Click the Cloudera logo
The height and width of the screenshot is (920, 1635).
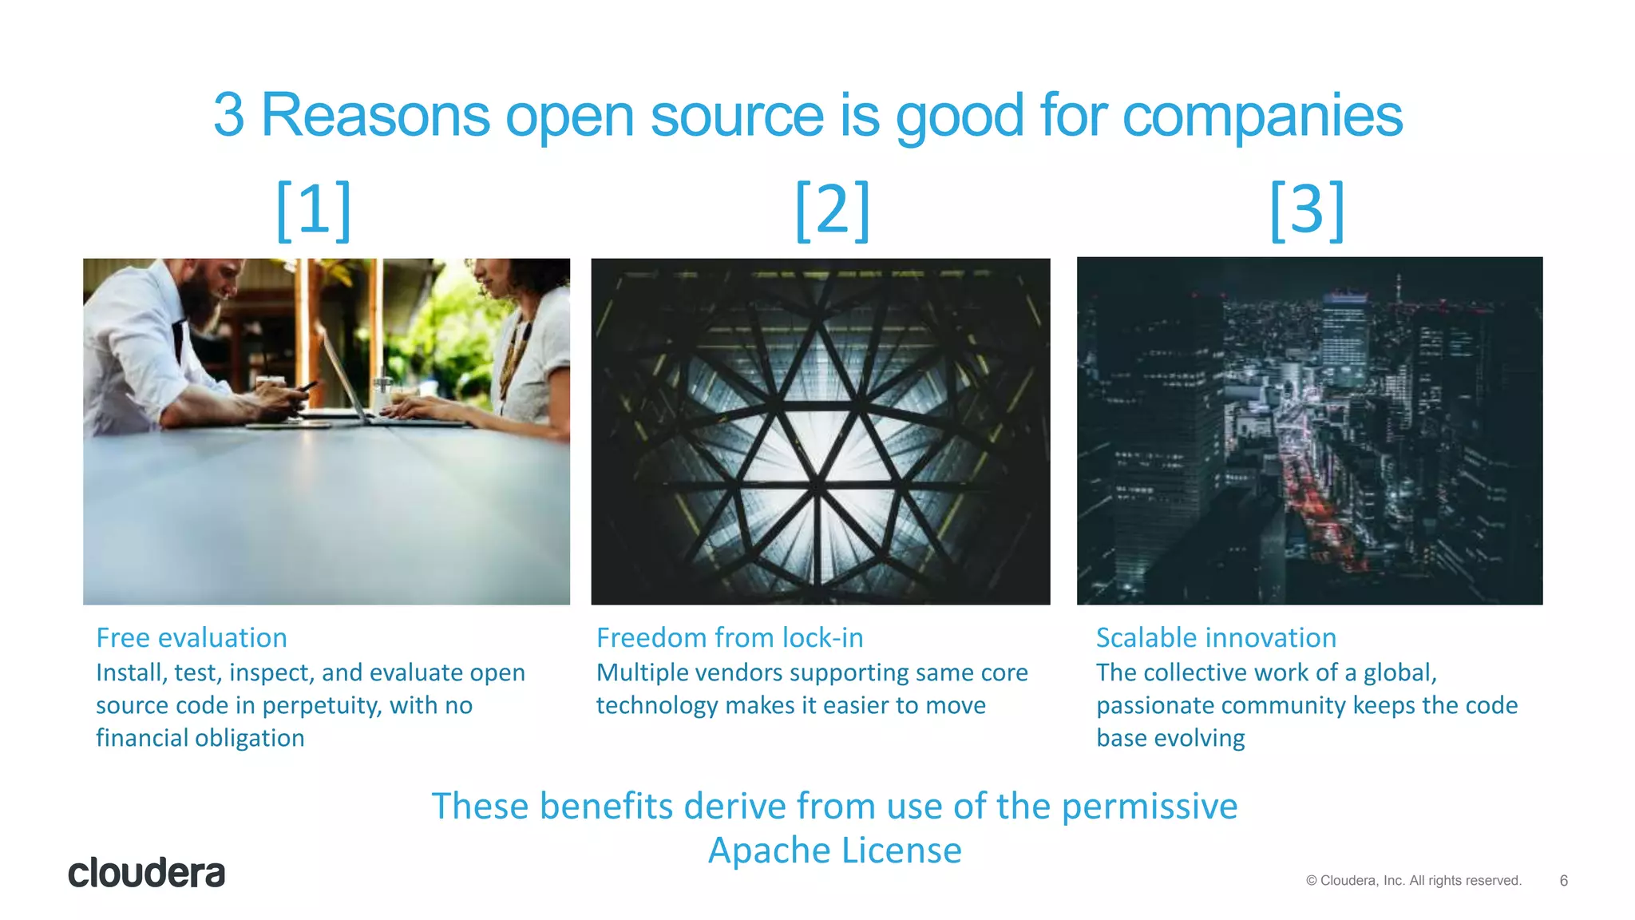click(x=146, y=873)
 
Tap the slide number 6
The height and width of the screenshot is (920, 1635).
click(x=1563, y=881)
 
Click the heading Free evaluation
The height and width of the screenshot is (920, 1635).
click(x=192, y=638)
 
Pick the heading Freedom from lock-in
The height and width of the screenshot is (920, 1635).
click(x=730, y=638)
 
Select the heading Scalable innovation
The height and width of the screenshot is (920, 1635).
click(x=1216, y=638)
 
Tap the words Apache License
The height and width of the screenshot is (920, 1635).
click(x=835, y=851)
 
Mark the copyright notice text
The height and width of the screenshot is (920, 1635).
click(x=1414, y=881)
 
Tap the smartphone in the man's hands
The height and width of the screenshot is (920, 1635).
click(x=306, y=387)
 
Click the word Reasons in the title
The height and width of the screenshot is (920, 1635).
click(x=375, y=117)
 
